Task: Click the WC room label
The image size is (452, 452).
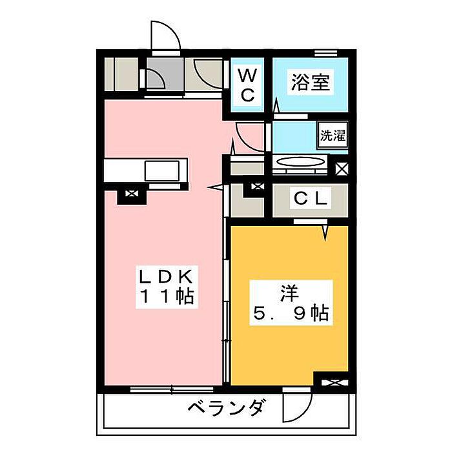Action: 247,86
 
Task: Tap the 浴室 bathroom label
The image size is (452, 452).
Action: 310,82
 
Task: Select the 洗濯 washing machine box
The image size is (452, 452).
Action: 333,135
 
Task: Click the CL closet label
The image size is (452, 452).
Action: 310,199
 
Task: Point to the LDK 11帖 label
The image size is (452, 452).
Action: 167,287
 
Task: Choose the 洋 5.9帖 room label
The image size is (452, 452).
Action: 291,303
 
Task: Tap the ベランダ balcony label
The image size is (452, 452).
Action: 226,407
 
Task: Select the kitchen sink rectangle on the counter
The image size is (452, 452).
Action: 161,171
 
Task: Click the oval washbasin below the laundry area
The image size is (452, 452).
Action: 300,161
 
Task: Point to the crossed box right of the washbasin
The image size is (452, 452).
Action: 342,169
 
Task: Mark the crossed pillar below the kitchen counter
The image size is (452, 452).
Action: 132,194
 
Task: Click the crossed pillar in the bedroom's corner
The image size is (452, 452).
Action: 334,383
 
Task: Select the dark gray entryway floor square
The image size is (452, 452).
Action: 164,74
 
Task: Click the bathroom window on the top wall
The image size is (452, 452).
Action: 325,54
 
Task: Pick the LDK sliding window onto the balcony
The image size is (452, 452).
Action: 172,389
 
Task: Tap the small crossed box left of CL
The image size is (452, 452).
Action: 258,187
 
